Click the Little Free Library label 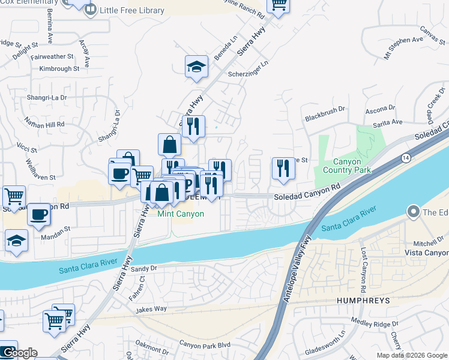pyautogui.click(x=133, y=10)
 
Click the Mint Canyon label pyautogui.click(x=181, y=214)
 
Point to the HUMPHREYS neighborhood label pyautogui.click(x=358, y=300)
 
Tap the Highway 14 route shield pyautogui.click(x=406, y=157)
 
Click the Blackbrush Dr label pyautogui.click(x=325, y=109)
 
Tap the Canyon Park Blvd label pyautogui.click(x=205, y=344)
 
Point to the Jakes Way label pyautogui.click(x=151, y=309)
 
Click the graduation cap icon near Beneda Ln pyautogui.click(x=196, y=67)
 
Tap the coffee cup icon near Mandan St pyautogui.click(x=38, y=215)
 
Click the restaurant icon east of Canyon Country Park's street pyautogui.click(x=283, y=168)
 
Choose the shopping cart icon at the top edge pyautogui.click(x=278, y=4)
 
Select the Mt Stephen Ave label pyautogui.click(x=405, y=41)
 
